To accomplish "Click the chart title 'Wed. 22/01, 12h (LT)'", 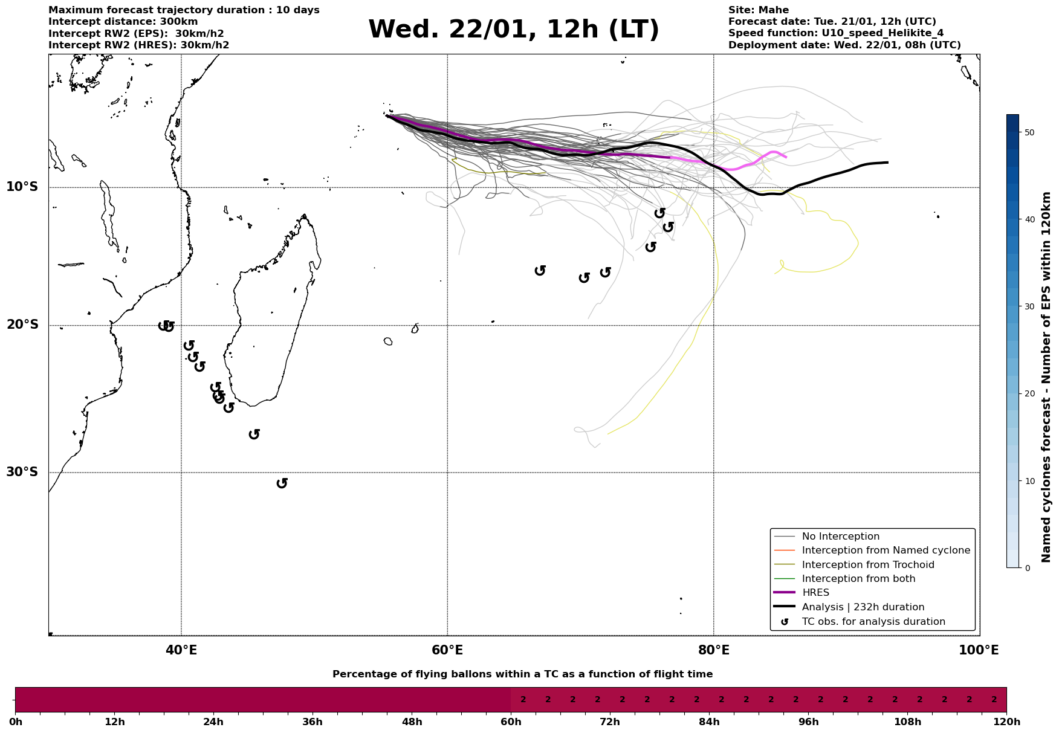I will click(513, 30).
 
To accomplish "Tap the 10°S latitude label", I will click(22, 187).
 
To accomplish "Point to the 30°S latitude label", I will click(22, 472).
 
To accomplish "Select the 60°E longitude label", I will click(447, 650).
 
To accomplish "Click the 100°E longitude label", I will click(979, 650).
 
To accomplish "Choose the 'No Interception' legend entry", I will click(840, 537).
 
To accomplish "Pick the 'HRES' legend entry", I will click(815, 593).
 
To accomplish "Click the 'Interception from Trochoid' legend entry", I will click(867, 565).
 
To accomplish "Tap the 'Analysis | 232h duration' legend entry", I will click(863, 607).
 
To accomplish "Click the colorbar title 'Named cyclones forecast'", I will click(1047, 377).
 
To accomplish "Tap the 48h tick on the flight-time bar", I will click(412, 722).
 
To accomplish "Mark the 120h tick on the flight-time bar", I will click(1006, 722).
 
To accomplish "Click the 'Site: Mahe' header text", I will click(758, 10).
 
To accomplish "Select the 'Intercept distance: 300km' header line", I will click(123, 22).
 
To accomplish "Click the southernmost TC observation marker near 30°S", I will click(282, 483).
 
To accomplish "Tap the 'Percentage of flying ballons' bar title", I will click(522, 674).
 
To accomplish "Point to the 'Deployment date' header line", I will click(844, 45).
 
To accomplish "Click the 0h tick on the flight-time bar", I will click(15, 722).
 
